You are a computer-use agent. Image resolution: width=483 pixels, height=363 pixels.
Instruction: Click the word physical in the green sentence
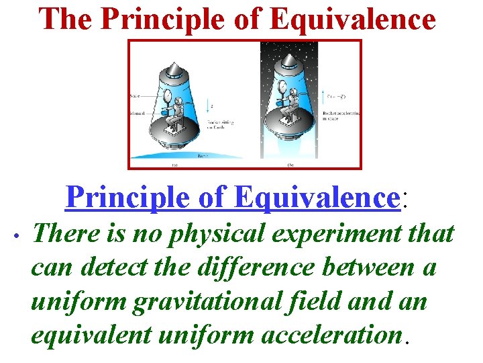click(x=219, y=235)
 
